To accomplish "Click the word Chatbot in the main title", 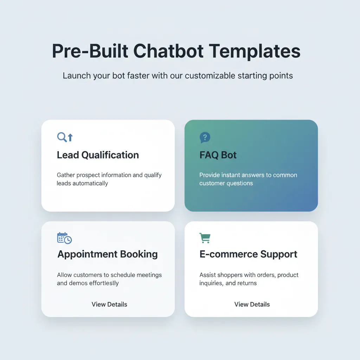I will [168, 51].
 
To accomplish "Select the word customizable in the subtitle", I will [212, 76].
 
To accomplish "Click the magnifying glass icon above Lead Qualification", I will [62, 137].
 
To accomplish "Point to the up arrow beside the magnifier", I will [70, 137].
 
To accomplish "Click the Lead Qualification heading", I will [98, 155].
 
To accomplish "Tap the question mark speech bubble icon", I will [205, 137].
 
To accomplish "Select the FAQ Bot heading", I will [218, 155].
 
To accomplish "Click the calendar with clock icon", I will [64, 238].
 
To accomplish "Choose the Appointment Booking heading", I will [108, 254].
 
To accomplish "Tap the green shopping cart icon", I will [205, 238].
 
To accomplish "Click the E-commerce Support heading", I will [248, 254].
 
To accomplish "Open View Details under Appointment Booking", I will [109, 304].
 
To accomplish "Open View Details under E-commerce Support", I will [252, 304].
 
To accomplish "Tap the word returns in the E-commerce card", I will [247, 283].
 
